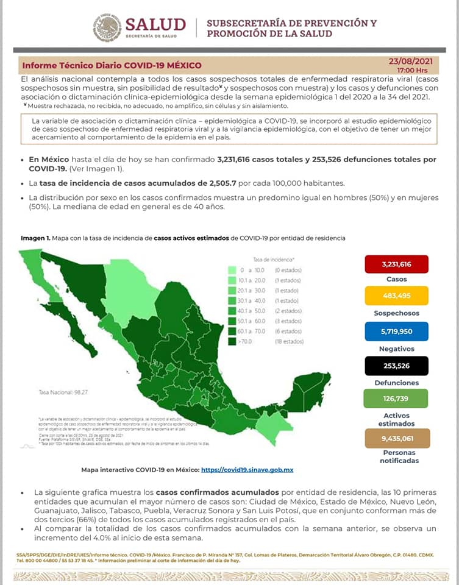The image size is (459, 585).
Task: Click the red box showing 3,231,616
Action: [x=396, y=264]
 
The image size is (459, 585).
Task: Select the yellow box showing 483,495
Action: [x=396, y=297]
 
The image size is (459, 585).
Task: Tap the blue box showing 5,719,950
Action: [x=396, y=331]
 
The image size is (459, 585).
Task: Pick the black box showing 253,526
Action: [x=396, y=366]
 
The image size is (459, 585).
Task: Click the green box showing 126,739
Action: [x=396, y=399]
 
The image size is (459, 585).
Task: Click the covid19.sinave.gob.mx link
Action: [x=247, y=470]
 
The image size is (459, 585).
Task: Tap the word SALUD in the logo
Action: [x=155, y=24]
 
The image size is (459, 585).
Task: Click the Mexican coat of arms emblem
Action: [x=107, y=28]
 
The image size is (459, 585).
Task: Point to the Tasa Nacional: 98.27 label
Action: [x=63, y=392]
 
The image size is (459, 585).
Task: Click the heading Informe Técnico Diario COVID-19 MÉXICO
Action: [x=112, y=65]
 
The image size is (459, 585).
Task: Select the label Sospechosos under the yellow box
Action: [x=396, y=313]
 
